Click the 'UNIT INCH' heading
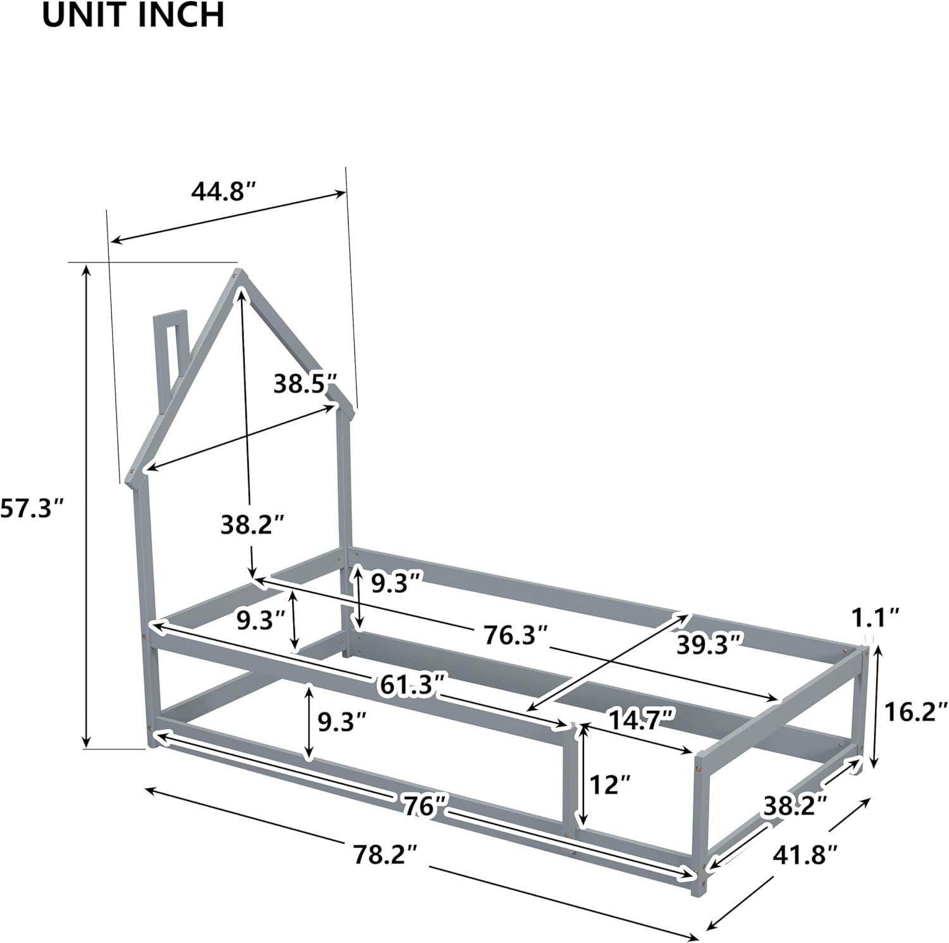[133, 15]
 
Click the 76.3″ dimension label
[516, 635]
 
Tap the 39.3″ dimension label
[709, 644]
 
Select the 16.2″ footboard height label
[915, 713]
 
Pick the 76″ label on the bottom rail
[423, 805]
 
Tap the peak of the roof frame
[239, 276]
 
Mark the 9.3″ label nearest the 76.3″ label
[396, 584]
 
